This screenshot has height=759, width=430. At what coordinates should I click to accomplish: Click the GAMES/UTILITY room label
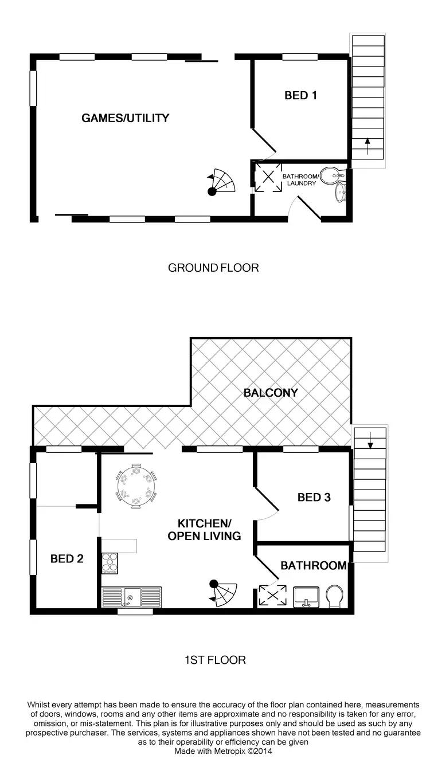point(125,118)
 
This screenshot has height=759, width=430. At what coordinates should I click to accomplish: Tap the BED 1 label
point(300,95)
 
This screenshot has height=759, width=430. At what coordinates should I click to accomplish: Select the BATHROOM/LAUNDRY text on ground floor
point(299,179)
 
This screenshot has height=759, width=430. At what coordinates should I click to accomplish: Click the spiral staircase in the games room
point(222,183)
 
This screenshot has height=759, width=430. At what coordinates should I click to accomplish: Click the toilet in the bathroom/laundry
point(330,175)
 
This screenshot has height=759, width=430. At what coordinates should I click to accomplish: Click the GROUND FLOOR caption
point(213,268)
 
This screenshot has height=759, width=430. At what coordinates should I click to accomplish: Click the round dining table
point(136,486)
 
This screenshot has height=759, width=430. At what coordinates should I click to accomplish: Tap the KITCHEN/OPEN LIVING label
point(204,529)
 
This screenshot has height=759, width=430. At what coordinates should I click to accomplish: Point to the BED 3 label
point(314,497)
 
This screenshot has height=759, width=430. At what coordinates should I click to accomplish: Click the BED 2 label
point(67,558)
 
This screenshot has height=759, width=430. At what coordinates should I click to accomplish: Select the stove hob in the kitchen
point(110,562)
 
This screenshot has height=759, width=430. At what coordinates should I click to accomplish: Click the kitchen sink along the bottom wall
point(131,597)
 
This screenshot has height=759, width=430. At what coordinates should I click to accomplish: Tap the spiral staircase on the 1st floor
point(224,593)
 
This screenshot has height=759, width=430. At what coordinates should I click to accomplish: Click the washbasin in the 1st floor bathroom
point(306,596)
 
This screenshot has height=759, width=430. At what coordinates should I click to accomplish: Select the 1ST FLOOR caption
point(214,660)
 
